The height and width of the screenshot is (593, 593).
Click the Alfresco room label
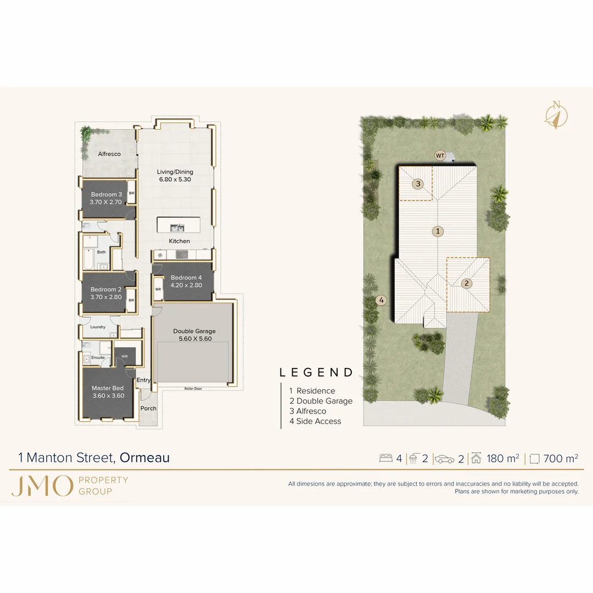point(109,154)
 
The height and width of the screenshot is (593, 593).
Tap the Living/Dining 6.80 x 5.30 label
point(175,176)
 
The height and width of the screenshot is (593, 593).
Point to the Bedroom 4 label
point(186,281)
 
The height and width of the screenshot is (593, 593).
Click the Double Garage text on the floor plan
point(194,335)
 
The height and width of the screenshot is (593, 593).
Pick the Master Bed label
point(108,392)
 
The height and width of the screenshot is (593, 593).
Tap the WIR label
point(125,355)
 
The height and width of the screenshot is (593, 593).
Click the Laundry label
point(98,327)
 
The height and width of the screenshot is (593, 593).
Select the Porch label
point(148,409)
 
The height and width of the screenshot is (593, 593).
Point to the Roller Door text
point(193,389)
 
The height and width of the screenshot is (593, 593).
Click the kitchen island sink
point(177,227)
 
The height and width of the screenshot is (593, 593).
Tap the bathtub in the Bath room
point(88,257)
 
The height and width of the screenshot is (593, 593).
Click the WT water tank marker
point(440,155)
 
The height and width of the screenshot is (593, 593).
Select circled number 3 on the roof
point(418,184)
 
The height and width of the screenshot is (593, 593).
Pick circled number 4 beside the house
point(382,300)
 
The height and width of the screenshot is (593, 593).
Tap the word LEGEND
point(316,373)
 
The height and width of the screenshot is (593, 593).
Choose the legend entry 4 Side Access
point(315,421)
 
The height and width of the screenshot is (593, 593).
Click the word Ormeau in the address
point(145,457)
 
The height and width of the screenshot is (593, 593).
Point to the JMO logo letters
point(42,486)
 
